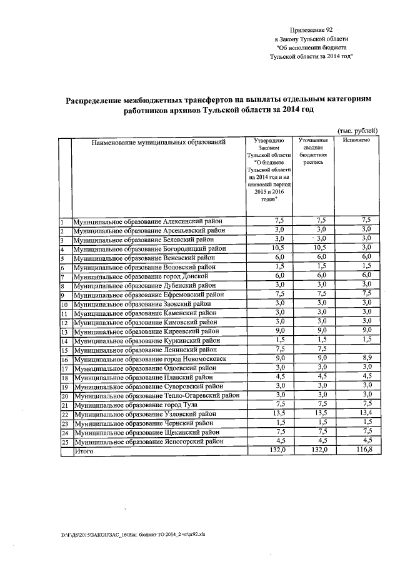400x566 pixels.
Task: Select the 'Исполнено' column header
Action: point(357,140)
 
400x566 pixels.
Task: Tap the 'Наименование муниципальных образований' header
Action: point(158,143)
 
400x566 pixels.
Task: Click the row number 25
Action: point(64,442)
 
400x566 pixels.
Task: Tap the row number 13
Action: point(64,332)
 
